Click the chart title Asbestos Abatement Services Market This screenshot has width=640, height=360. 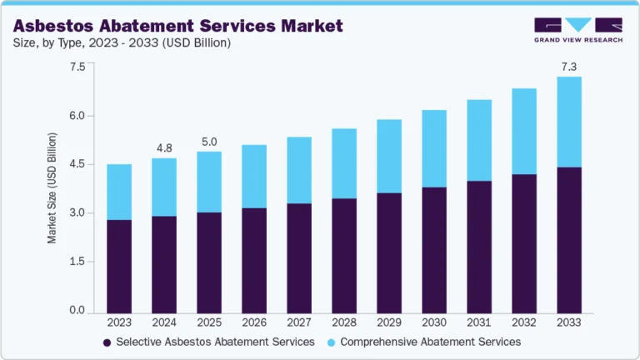point(177,26)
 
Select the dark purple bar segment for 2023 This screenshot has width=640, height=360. point(119,267)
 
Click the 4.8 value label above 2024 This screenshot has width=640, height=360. point(164,148)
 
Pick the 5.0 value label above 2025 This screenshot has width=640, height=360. point(209,142)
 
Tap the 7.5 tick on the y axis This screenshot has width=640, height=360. point(77,67)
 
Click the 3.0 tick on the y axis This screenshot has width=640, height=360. point(77,213)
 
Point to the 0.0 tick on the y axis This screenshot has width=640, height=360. point(77,311)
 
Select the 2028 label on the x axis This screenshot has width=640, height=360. point(344,322)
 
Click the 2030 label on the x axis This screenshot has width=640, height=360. point(434,322)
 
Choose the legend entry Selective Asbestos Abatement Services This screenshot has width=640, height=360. point(208,342)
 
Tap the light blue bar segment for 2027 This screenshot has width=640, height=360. point(299,170)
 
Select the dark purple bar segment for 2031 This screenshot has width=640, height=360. point(479,247)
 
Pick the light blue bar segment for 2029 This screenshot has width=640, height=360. point(389,156)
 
